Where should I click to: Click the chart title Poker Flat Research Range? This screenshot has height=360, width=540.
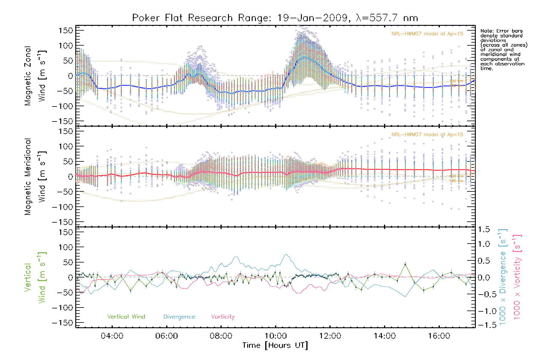coord(275,18)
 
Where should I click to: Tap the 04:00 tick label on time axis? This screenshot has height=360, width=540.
coord(112,336)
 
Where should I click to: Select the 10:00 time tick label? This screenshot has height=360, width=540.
coord(275,336)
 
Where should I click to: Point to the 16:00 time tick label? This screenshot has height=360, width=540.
coord(439,336)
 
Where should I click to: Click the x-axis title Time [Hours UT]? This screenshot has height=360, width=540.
coord(275,346)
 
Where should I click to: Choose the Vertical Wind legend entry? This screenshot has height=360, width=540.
coord(126,317)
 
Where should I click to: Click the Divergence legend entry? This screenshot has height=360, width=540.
coord(179,317)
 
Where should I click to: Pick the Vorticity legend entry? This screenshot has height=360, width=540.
coord(223,317)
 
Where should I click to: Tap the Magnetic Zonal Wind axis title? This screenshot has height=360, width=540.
coord(35,76)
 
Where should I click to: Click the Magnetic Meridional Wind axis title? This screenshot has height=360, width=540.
coord(35,176)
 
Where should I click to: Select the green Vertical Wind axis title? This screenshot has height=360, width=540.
coord(35,277)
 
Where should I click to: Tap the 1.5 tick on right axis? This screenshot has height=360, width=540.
coord(484,229)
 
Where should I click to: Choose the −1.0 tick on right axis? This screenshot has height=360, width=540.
coord(484,311)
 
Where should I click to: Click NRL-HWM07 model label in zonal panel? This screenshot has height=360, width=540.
coord(427,34)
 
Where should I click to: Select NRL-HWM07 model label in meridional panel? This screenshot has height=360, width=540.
coord(427,135)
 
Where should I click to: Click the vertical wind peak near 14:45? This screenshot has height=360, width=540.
coord(405,264)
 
